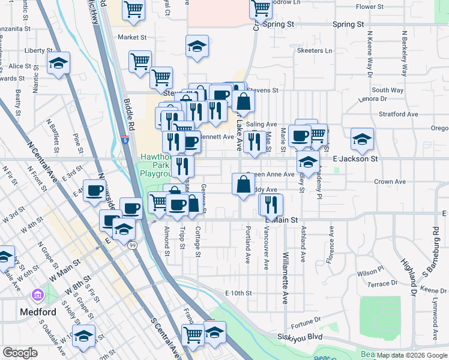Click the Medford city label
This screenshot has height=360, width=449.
tap(38, 312)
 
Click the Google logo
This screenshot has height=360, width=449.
tap(20, 353)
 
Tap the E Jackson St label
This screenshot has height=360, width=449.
tap(355, 159)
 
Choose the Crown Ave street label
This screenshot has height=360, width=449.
tap(390, 181)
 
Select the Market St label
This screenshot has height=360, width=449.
tap(132, 37)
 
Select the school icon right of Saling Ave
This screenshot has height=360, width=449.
tap(362, 139)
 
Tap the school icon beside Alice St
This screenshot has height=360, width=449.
tap(58, 62)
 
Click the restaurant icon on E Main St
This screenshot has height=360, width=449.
tap(271, 204)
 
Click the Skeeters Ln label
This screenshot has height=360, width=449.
tap(315, 51)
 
